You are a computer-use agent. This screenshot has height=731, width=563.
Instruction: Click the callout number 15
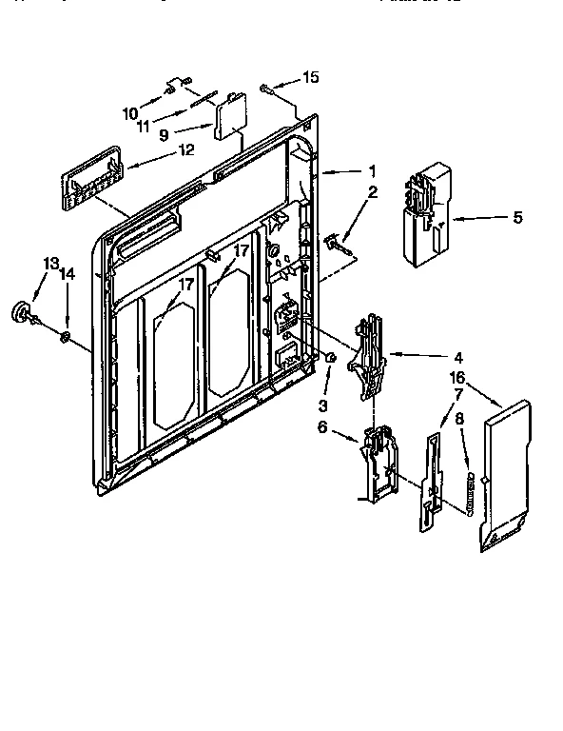[x=311, y=77]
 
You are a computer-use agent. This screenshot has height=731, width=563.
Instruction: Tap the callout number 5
[x=517, y=218]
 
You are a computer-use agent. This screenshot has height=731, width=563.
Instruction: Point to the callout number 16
[x=456, y=377]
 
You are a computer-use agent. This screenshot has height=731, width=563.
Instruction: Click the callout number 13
[x=50, y=264]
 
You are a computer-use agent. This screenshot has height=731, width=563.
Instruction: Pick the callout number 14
[x=68, y=273]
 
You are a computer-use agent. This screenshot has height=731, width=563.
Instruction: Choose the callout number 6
[x=322, y=427]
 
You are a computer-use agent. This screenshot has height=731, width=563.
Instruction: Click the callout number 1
[x=373, y=171]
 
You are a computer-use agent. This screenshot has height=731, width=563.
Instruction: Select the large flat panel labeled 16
[x=505, y=476]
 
